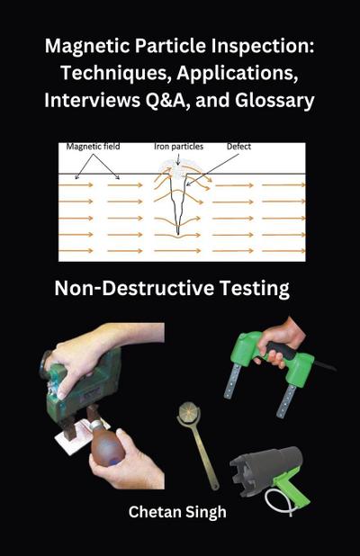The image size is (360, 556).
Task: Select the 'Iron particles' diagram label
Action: (x=177, y=145)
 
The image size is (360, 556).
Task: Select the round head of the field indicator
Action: (x=189, y=415)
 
